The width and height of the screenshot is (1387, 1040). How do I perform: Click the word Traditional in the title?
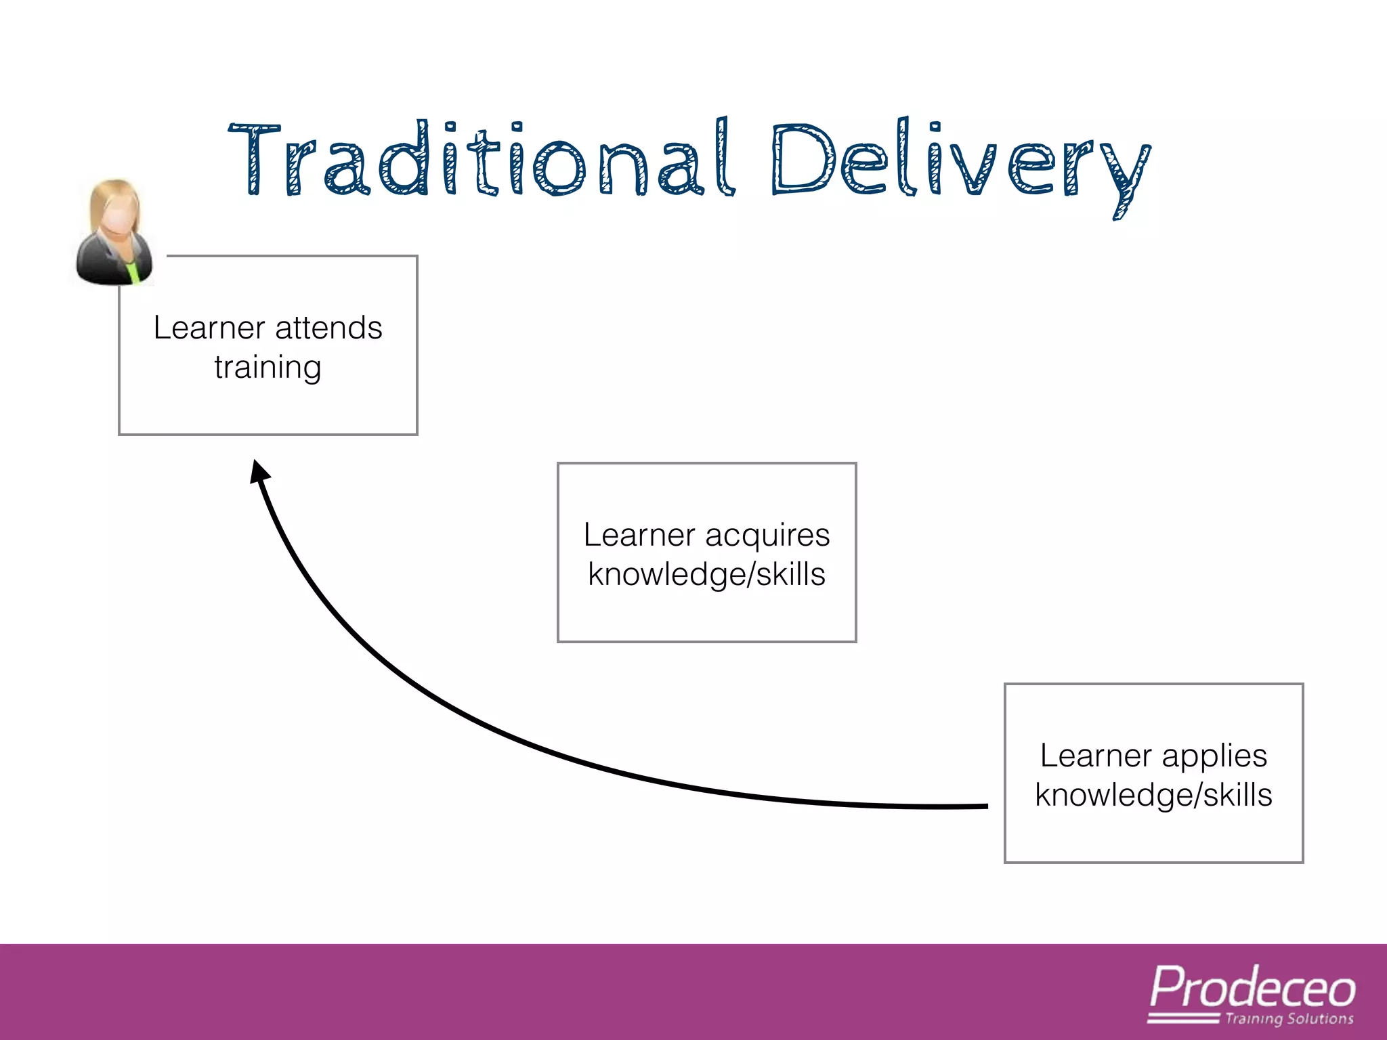pyautogui.click(x=481, y=159)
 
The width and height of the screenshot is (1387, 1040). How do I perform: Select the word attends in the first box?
pyautogui.click(x=328, y=328)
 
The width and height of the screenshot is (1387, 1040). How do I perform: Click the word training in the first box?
pyautogui.click(x=268, y=368)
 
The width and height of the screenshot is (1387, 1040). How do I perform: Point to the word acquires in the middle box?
pyautogui.click(x=767, y=536)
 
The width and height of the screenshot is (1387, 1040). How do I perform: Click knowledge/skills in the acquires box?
pyautogui.click(x=706, y=575)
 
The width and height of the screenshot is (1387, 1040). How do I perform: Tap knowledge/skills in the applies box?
pyautogui.click(x=1153, y=796)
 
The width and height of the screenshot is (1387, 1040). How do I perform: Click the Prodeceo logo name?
pyautogui.click(x=1252, y=989)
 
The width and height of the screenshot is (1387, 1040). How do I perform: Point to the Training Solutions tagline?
pyautogui.click(x=1289, y=1019)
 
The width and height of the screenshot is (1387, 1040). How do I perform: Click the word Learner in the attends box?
pyautogui.click(x=209, y=328)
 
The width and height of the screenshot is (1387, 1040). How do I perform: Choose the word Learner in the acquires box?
pyautogui.click(x=639, y=536)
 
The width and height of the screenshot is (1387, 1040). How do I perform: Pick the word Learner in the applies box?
pyautogui.click(x=1095, y=756)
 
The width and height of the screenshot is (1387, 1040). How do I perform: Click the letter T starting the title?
pyautogui.click(x=254, y=159)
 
